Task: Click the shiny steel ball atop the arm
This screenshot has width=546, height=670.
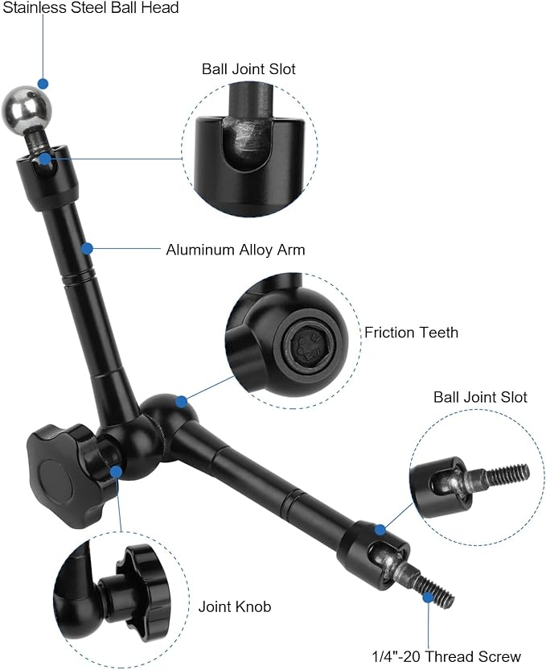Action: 26,105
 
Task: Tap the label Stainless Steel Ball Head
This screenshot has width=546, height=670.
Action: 89,8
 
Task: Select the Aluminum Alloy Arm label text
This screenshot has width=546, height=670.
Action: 236,250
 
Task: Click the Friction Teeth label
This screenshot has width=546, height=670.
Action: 411,332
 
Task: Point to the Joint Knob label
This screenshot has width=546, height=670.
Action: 235,606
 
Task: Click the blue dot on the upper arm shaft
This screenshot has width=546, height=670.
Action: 87,248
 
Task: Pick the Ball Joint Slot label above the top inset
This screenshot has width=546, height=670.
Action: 248,69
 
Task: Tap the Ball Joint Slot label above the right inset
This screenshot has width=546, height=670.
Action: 480,397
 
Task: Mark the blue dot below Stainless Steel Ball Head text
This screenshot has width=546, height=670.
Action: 43,83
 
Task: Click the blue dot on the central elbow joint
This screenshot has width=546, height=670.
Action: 182,400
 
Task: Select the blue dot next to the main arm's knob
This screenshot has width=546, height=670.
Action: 116,472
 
